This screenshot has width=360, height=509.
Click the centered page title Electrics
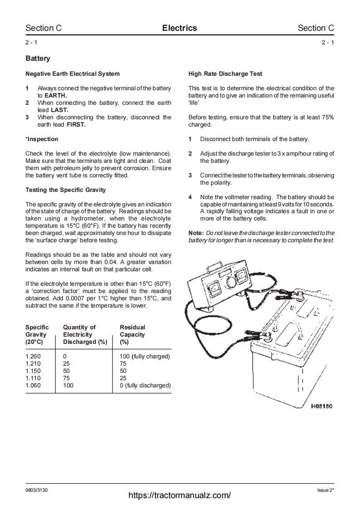pyautogui.click(x=180, y=28)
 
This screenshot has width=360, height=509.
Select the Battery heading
pyautogui.click(x=38, y=59)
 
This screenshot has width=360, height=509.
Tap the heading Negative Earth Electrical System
pyautogui.click(x=73, y=73)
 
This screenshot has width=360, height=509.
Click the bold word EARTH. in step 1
pyautogui.click(x=55, y=95)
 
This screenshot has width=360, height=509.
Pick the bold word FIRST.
pyautogui.click(x=76, y=124)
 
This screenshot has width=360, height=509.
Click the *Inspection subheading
pyautogui.click(x=42, y=139)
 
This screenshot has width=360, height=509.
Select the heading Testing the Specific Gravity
pyautogui.click(x=65, y=190)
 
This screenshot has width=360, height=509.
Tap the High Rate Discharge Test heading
pyautogui.click(x=225, y=73)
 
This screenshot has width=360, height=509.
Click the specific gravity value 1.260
pyautogui.click(x=33, y=357)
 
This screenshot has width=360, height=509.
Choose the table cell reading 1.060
pyautogui.click(x=33, y=386)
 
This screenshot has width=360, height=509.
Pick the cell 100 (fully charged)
pyautogui.click(x=145, y=357)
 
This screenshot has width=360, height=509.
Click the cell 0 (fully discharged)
pyautogui.click(x=145, y=386)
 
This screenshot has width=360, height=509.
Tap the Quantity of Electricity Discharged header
pyautogui.click(x=85, y=334)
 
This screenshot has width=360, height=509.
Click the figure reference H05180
pyautogui.click(x=321, y=406)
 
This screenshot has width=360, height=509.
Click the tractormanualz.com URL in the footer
pyautogui.click(x=180, y=495)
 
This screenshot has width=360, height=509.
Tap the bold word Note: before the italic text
pyautogui.click(x=196, y=233)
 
